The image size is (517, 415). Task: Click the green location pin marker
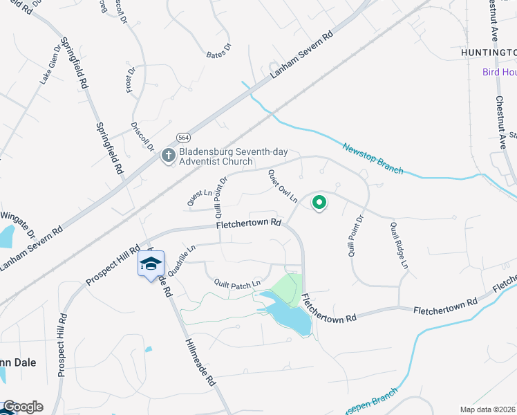pyautogui.click(x=319, y=203)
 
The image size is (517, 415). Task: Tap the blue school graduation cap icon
pyautogui.click(x=151, y=264)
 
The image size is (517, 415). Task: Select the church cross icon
pyautogui.click(x=168, y=156)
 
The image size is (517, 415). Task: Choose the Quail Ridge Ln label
pyautogui.click(x=399, y=245)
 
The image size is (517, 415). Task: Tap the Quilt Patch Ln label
pyautogui.click(x=237, y=282)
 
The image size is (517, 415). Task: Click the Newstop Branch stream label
pyautogui.click(x=373, y=158)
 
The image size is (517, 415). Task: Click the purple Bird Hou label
pyautogui.click(x=499, y=72)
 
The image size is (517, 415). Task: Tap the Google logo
pyautogui.click(x=22, y=407)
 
